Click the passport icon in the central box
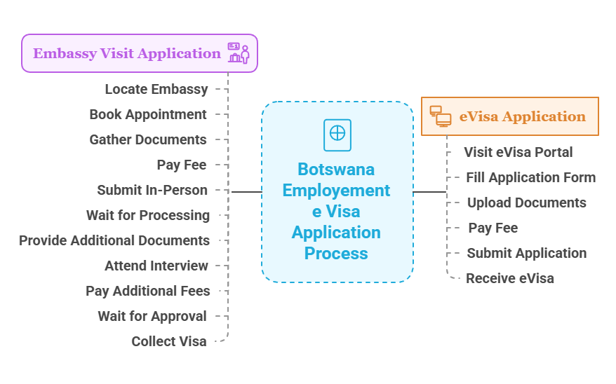coord(337,135)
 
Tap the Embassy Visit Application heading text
coord(127,53)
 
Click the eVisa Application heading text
coord(522,116)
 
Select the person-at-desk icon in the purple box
coord(239,53)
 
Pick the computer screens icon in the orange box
coord(440,116)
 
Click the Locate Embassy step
coord(156,89)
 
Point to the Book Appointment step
coord(148,114)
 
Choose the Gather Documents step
coord(148,139)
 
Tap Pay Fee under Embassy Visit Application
coord(182,165)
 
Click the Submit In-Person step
coord(152,190)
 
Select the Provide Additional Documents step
coord(114,240)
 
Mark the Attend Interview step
coord(156,266)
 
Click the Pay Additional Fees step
coord(148,291)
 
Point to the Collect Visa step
coord(169,341)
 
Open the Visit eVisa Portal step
coord(518,152)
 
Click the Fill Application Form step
coord(530,177)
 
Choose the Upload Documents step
coord(526,203)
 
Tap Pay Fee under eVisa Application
coord(493,228)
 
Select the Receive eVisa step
coord(510,278)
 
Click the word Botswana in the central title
coord(336,170)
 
